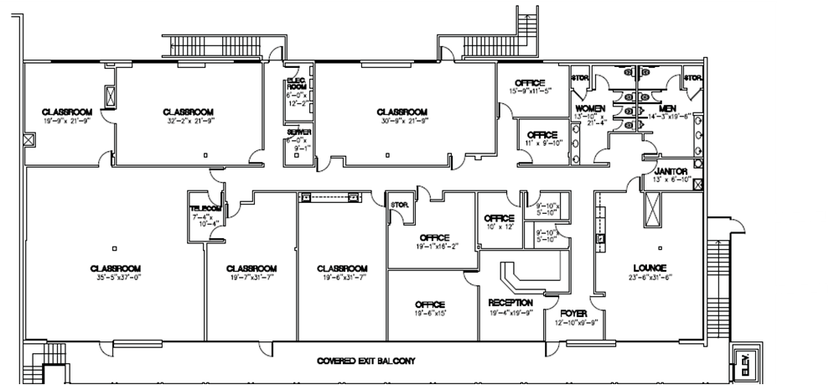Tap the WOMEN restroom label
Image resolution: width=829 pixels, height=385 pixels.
pos(589,110)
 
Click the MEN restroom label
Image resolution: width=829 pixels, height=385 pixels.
pos(667,109)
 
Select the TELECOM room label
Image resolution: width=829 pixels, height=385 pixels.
pos(205,209)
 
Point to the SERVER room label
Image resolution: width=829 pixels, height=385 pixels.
pos(296,133)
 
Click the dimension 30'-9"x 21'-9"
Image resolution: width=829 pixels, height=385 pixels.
pos(402,122)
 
